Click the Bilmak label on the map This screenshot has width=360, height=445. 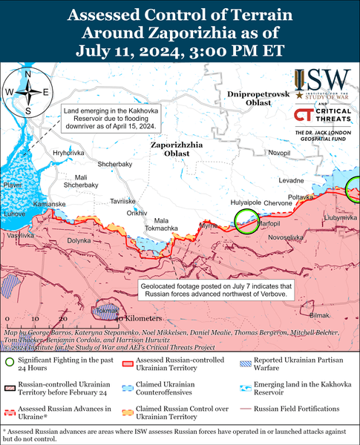point(318,315)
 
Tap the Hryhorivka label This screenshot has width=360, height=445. point(69,152)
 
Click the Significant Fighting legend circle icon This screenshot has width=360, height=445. point(9,363)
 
